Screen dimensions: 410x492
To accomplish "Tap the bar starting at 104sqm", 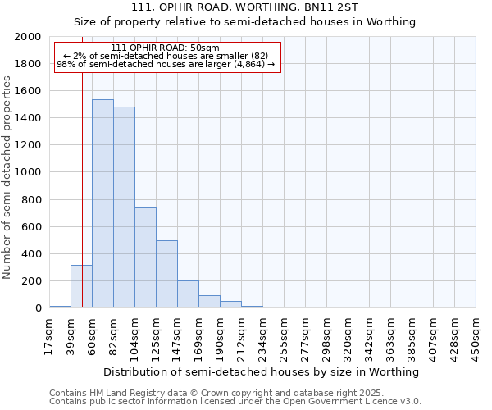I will tap(145, 257).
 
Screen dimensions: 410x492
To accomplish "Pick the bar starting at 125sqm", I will tap(166, 274).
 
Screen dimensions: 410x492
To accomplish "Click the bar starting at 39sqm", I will tap(81, 286).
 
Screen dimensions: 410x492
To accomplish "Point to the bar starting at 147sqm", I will tap(188, 294).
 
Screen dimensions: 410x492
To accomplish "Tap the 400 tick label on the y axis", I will tap(32, 254).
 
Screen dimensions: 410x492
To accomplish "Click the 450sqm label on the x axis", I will tap(476, 336).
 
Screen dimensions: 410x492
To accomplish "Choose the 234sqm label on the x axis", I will tap(262, 336).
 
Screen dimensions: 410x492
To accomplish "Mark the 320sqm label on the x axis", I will tap(348, 336).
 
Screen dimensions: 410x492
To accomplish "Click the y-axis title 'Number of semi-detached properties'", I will tap(7, 177).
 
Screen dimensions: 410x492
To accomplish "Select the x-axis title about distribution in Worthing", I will tap(262, 371).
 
